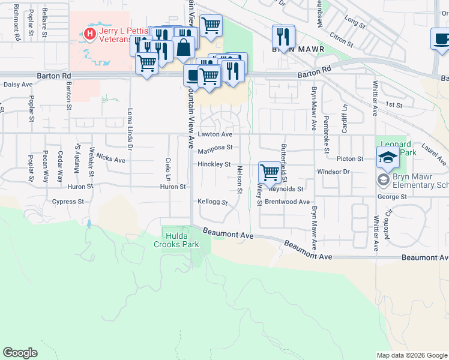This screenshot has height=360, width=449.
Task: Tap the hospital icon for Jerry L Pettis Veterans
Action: tap(90, 34)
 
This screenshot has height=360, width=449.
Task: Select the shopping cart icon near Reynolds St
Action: tap(270, 173)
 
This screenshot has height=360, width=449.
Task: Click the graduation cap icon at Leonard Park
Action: tap(388, 158)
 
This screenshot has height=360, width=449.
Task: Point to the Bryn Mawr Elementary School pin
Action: tap(382, 179)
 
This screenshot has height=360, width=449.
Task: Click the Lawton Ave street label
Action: tap(215, 134)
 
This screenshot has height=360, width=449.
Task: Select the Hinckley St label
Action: tap(214, 164)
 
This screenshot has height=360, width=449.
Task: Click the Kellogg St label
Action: tap(212, 203)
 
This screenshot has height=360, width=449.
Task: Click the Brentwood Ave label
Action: tap(287, 202)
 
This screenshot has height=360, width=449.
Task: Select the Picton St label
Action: tap(350, 159)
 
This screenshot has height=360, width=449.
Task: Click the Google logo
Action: tap(20, 353)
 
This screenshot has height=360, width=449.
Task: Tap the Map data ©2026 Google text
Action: tap(411, 355)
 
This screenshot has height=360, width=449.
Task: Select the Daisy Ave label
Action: tap(18, 85)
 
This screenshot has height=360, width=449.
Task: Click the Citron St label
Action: tap(341, 40)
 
